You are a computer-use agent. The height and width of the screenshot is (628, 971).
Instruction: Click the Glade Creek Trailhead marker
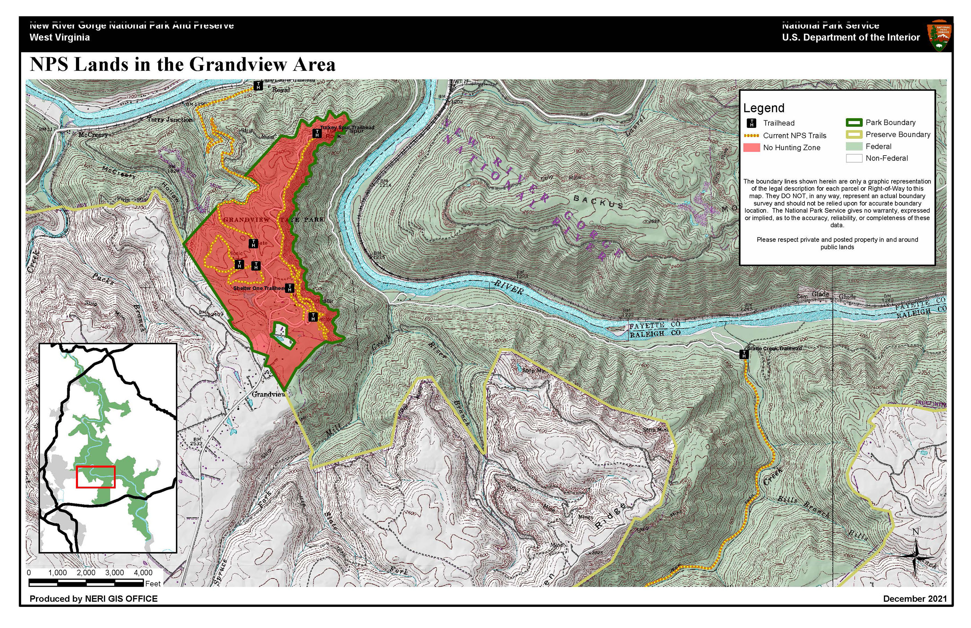click(x=744, y=354)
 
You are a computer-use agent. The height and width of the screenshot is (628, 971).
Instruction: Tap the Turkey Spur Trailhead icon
click(x=317, y=133)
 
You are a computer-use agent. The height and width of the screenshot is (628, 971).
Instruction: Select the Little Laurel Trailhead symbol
click(x=258, y=86)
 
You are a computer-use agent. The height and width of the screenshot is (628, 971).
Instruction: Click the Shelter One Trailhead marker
click(x=289, y=288)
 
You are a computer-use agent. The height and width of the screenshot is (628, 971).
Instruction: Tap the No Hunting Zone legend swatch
click(x=751, y=148)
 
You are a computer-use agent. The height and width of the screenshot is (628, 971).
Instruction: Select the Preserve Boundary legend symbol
click(x=854, y=134)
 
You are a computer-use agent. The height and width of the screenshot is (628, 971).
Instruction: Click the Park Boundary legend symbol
click(x=854, y=122)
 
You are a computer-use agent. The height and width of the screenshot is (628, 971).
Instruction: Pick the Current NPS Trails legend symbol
click(x=751, y=136)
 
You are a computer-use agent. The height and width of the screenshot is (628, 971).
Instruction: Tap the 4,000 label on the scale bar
click(x=143, y=573)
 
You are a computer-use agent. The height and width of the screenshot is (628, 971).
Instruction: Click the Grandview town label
click(x=268, y=394)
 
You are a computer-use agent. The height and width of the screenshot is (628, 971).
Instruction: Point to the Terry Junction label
click(x=170, y=120)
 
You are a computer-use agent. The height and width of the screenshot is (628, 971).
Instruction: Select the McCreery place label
click(x=93, y=135)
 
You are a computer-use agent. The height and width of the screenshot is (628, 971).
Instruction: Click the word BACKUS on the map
click(x=598, y=201)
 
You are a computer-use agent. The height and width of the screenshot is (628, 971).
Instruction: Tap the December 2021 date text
click(x=915, y=599)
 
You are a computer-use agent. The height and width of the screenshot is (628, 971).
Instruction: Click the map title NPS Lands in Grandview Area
click(x=182, y=65)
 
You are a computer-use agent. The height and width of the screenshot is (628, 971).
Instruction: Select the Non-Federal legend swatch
click(x=854, y=158)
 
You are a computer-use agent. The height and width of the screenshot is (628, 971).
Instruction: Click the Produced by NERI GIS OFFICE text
click(x=93, y=599)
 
